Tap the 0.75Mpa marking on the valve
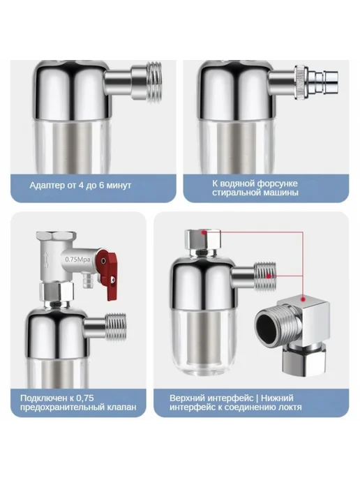pos(77,260)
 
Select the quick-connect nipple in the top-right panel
pos(316,82)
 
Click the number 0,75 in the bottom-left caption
pos(84,398)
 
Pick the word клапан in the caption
pos(122,407)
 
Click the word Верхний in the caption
pos(188,398)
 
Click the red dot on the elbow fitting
pos(303,299)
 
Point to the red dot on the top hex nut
pos(204,232)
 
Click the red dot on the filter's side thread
pos(269,276)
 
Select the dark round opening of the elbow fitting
pos(268,327)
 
